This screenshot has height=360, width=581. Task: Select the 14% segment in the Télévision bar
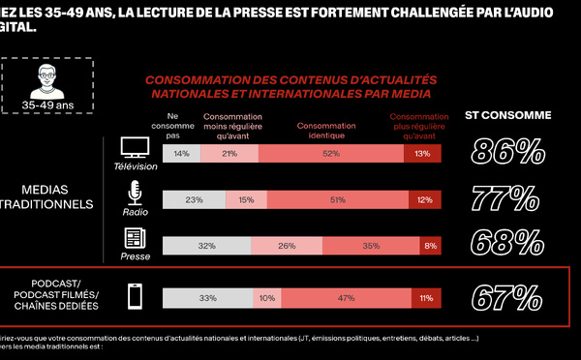(x=181, y=154)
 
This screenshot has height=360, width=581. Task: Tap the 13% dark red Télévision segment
(x=422, y=154)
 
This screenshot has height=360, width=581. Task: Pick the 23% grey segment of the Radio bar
(x=194, y=200)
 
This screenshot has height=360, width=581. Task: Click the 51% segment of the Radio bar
(x=338, y=200)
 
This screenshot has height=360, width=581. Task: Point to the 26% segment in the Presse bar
(x=288, y=247)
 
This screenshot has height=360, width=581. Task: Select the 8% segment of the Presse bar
(x=429, y=247)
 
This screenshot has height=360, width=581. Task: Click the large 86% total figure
(x=507, y=152)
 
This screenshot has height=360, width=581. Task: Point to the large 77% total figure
(x=506, y=198)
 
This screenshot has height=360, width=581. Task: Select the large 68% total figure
(x=507, y=243)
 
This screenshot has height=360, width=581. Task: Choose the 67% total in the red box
(x=506, y=296)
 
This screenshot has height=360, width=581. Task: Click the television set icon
(x=135, y=147)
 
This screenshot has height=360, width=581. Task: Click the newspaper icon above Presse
(x=135, y=239)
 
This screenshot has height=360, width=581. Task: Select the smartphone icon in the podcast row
(x=136, y=296)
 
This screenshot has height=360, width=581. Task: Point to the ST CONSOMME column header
(x=507, y=116)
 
